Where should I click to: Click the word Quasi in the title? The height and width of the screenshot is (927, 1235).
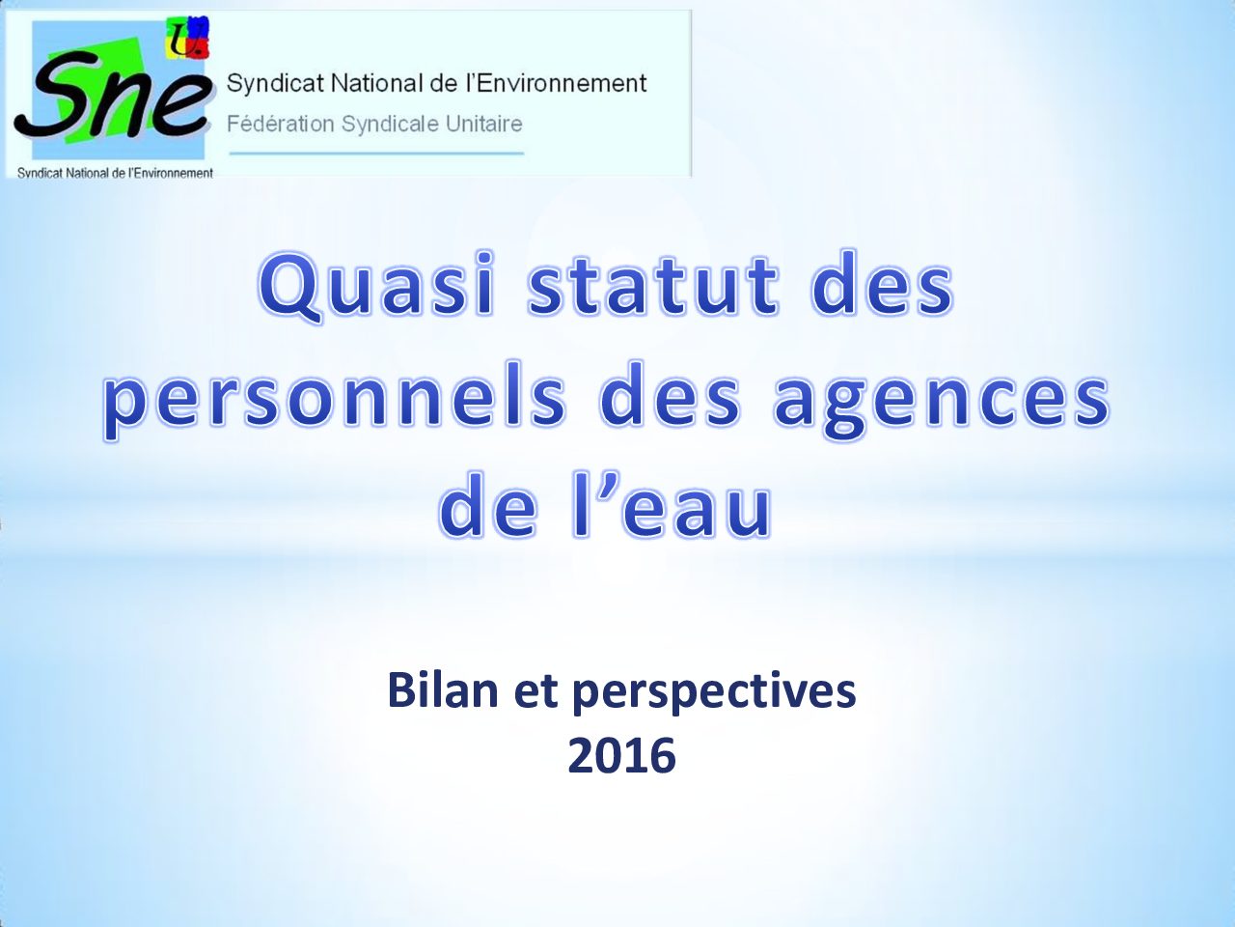pos(377,287)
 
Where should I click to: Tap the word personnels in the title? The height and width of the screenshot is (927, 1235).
pos(334,401)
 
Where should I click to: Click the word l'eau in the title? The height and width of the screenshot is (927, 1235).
pos(672,506)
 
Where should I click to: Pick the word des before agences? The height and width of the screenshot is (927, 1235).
pos(669,398)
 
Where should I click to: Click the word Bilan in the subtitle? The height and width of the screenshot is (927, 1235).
pos(444,691)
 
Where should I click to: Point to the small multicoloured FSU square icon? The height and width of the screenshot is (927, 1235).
pos(188,37)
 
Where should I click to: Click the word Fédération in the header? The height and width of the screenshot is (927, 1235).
pos(280,124)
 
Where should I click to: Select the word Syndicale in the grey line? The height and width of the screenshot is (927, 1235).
pos(391,125)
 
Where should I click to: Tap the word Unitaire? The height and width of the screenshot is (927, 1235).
pos(484,124)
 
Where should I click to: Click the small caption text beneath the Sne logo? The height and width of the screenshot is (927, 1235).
pos(116,173)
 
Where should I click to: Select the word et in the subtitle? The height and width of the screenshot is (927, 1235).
pos(535,692)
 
